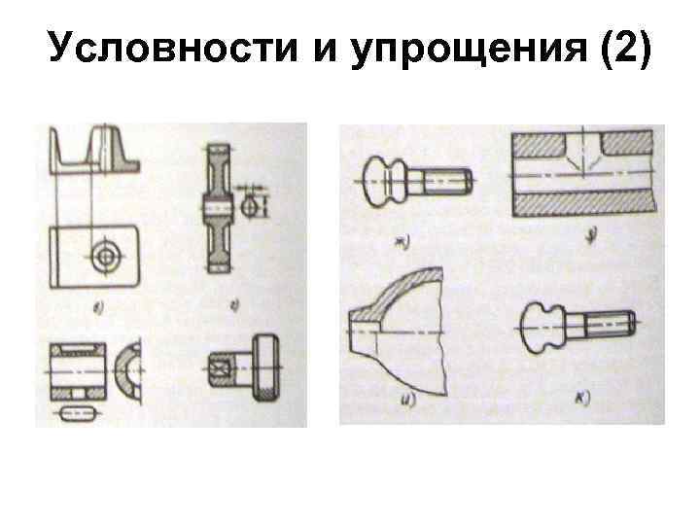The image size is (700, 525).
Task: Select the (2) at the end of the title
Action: click(x=622, y=49)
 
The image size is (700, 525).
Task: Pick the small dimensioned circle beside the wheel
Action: click(x=252, y=206)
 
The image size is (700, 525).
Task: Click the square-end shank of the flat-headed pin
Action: click(x=221, y=369)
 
